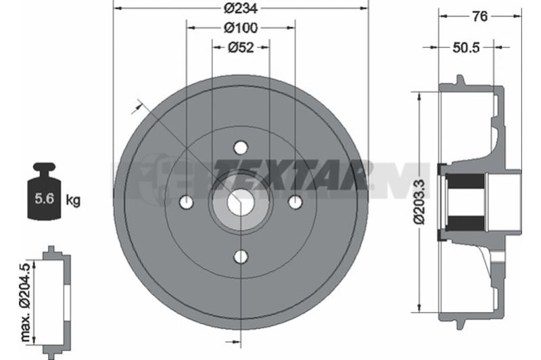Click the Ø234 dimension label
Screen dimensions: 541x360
pyautogui.click(x=241, y=9)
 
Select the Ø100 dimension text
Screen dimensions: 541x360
pyautogui.click(x=241, y=28)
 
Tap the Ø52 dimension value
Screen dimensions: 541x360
pyautogui.click(x=241, y=47)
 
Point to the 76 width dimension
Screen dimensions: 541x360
pyautogui.click(x=479, y=16)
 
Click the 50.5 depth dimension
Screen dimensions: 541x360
pyautogui.click(x=466, y=47)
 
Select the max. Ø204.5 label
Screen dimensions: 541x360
pyautogui.click(x=26, y=302)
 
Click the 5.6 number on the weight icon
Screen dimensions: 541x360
pyautogui.click(x=45, y=199)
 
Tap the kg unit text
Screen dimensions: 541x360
pyautogui.click(x=73, y=200)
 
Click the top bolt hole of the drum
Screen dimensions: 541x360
pyautogui.click(x=241, y=148)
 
